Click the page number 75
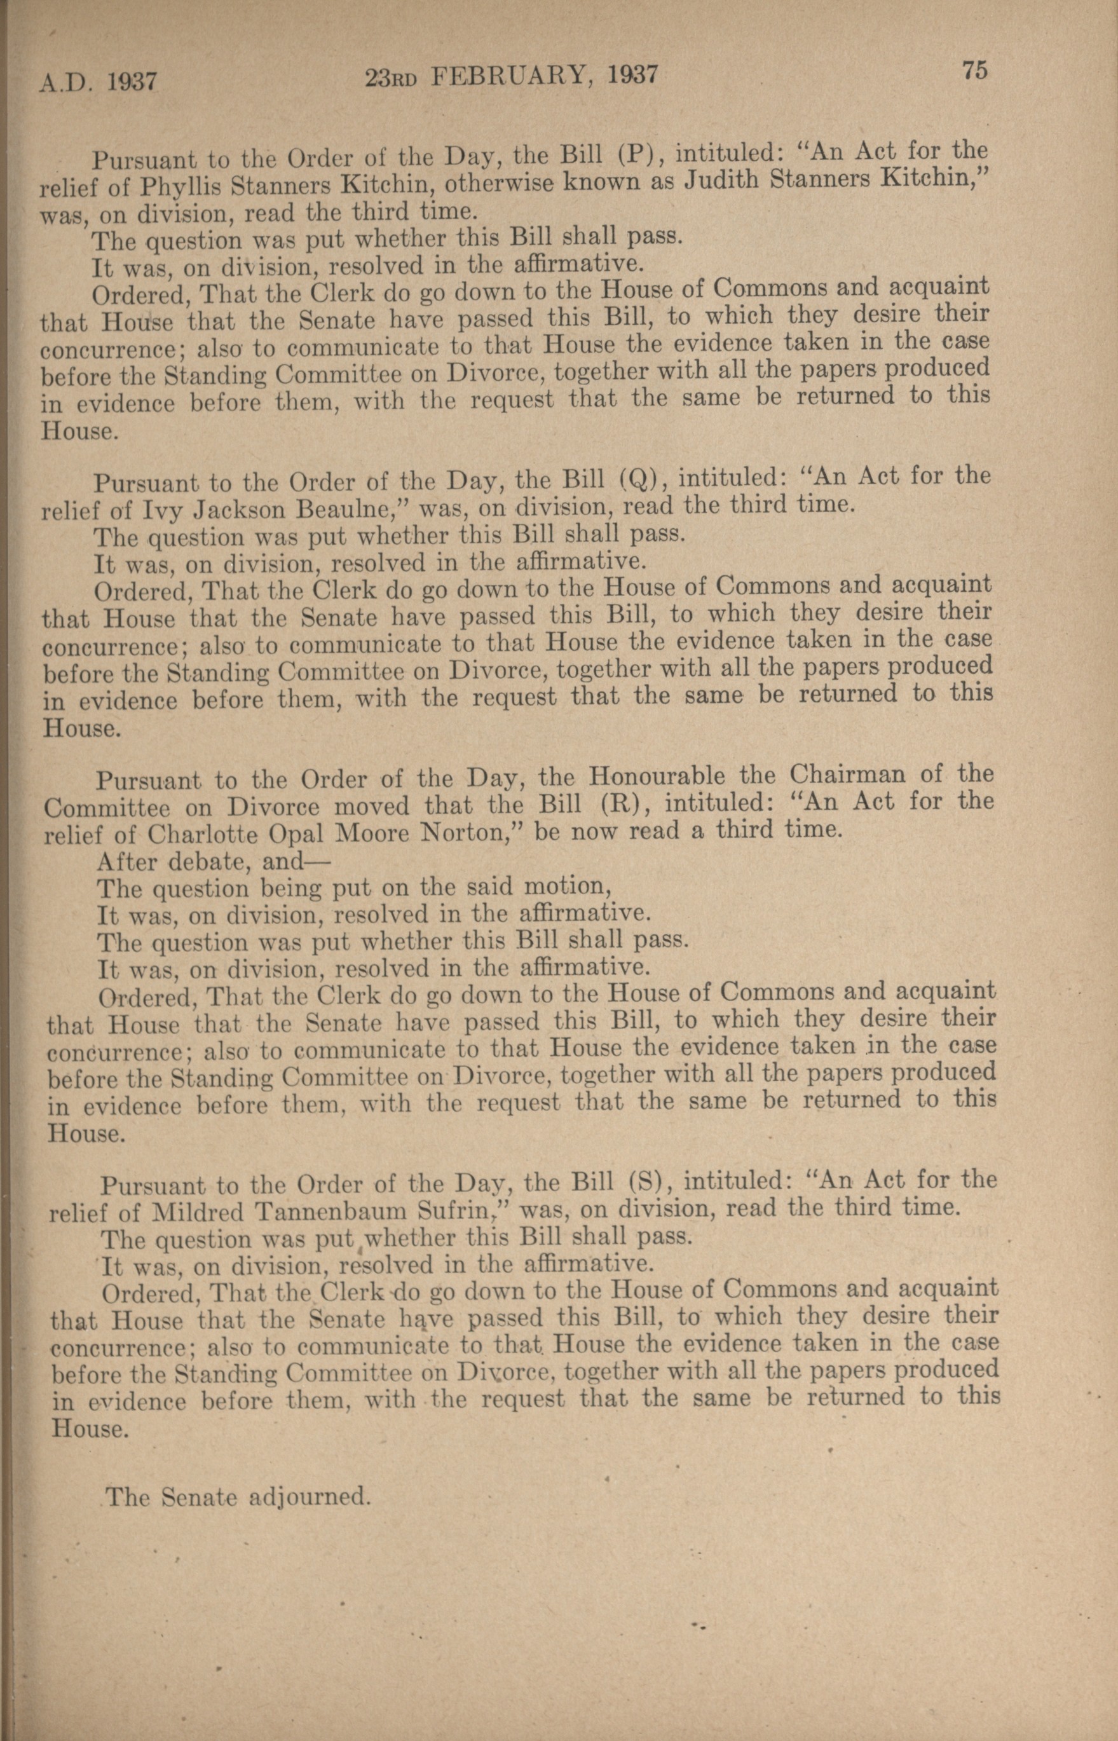974,71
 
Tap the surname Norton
470,832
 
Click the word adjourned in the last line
311,1496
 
